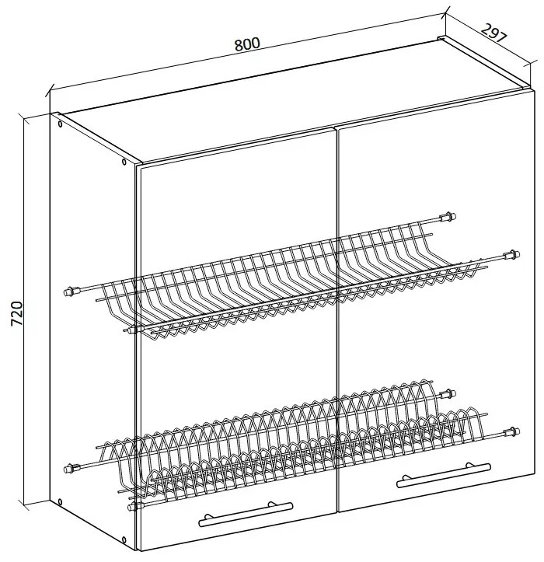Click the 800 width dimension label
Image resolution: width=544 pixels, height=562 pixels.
[x=247, y=44]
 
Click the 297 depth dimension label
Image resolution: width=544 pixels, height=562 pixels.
[x=494, y=33]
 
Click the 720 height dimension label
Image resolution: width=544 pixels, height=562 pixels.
[x=17, y=313]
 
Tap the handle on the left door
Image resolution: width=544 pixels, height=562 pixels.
[x=246, y=515]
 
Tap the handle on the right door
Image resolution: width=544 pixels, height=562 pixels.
[x=444, y=476]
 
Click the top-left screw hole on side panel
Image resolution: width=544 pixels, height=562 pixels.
[x=60, y=124]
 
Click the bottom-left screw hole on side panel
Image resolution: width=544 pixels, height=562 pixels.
[x=60, y=502]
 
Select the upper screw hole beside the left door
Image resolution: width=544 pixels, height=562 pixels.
[x=124, y=162]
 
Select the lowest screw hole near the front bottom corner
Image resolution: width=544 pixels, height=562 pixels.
[x=124, y=550]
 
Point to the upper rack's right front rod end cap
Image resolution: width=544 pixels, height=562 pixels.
[x=511, y=255]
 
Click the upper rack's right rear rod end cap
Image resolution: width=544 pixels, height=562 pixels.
[x=448, y=217]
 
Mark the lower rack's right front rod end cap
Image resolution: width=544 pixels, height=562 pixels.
[x=512, y=431]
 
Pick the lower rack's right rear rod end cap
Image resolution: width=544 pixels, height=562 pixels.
[x=448, y=394]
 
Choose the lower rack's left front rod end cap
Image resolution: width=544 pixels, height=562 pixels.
[x=134, y=507]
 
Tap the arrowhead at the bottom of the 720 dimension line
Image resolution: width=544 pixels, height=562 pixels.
[x=26, y=504]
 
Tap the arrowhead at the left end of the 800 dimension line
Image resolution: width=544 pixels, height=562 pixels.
[x=50, y=91]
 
